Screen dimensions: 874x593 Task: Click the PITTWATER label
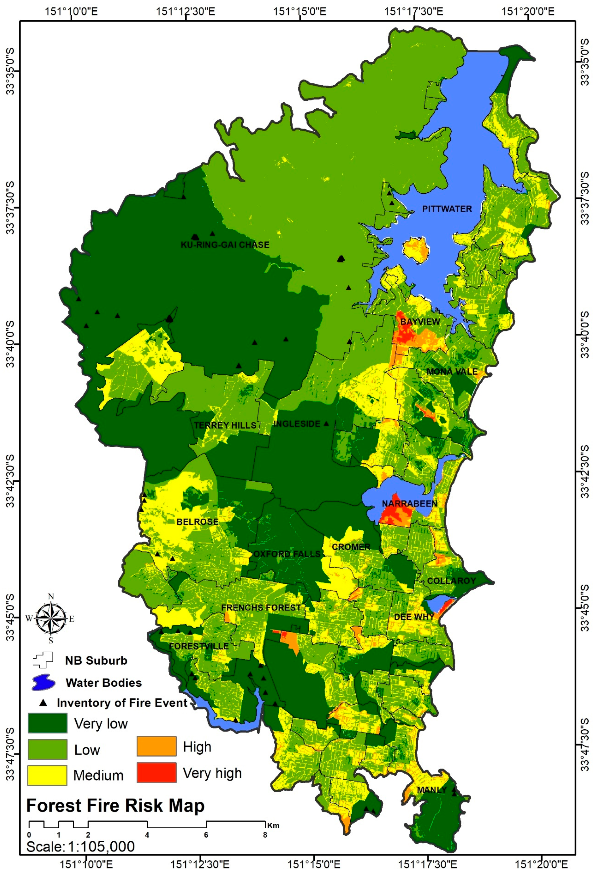point(447,209)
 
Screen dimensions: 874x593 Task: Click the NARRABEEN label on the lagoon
point(410,504)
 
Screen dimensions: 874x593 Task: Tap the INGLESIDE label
point(297,424)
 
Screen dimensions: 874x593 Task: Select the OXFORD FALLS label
point(287,554)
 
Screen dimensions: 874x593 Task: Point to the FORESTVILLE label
point(198,646)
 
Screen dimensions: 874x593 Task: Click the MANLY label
point(432,790)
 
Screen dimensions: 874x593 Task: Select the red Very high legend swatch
point(156,772)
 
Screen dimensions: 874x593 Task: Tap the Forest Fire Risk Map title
point(115,806)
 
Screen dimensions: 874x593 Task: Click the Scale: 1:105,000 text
point(80,846)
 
